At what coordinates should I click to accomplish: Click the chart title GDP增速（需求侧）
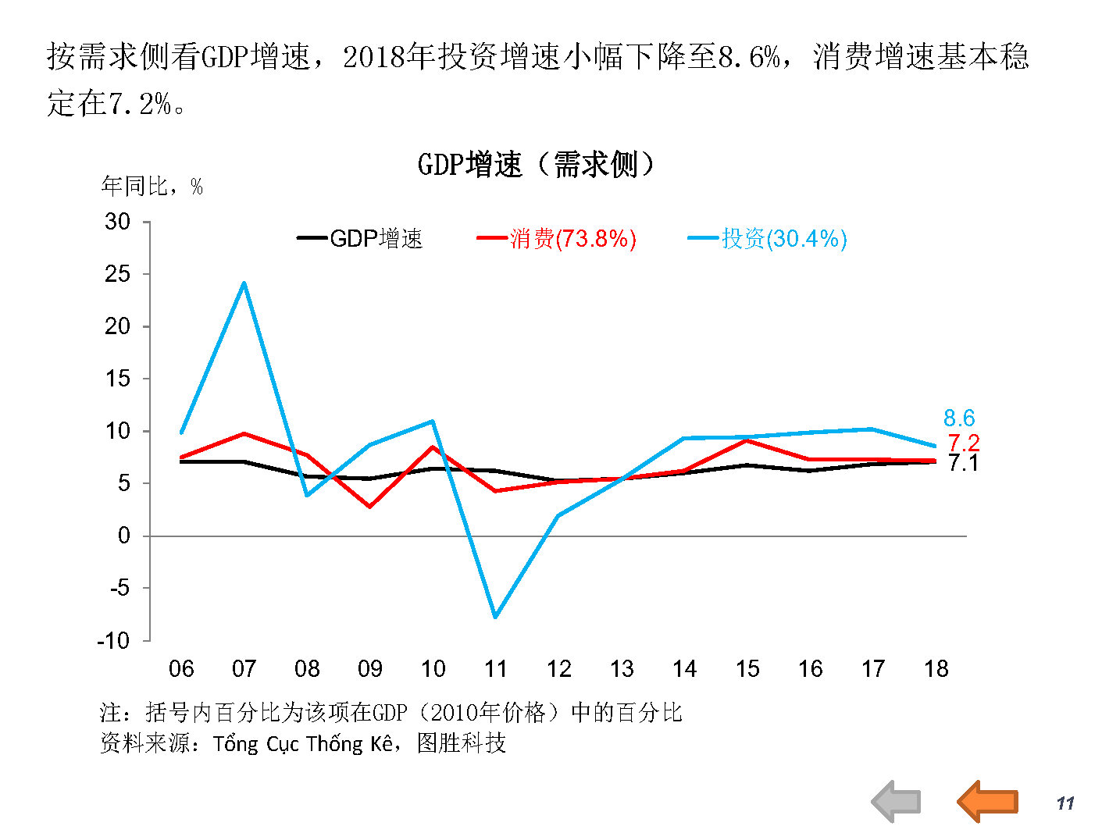point(536,165)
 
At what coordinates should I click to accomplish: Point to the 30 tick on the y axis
point(118,222)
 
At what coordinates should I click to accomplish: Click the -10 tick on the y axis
point(113,641)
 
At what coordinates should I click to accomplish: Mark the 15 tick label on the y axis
point(118,379)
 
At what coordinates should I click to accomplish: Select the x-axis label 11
point(496,669)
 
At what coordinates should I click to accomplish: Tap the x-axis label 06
point(181,669)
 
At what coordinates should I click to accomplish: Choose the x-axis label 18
point(936,669)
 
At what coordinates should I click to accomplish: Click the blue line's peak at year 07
point(244,283)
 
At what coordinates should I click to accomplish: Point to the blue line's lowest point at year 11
point(496,617)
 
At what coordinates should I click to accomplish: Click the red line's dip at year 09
point(370,507)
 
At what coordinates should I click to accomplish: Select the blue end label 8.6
point(959,418)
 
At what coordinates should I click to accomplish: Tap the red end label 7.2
point(964,443)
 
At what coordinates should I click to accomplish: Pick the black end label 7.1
point(964,463)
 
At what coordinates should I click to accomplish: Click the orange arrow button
point(988,801)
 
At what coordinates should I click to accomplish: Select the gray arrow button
point(896,801)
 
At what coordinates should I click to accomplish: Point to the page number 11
point(1065,803)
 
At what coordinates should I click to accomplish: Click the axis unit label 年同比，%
point(152,187)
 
